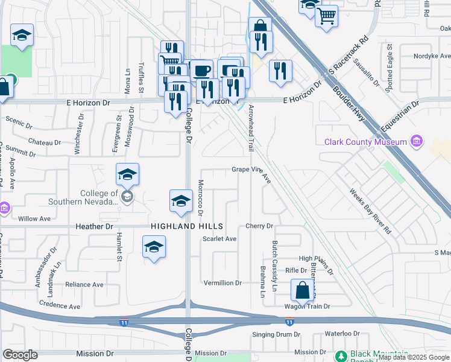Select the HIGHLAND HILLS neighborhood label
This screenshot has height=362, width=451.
pyautogui.click(x=187, y=226)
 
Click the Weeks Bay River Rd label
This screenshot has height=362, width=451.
pyautogui.click(x=371, y=211)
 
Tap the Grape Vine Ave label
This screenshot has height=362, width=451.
pyautogui.click(x=252, y=170)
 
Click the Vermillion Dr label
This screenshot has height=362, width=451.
pyautogui.click(x=222, y=282)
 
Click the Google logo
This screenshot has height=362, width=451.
pyautogui.click(x=20, y=354)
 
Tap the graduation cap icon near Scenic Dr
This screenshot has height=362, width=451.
pyautogui.click(x=22, y=36)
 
